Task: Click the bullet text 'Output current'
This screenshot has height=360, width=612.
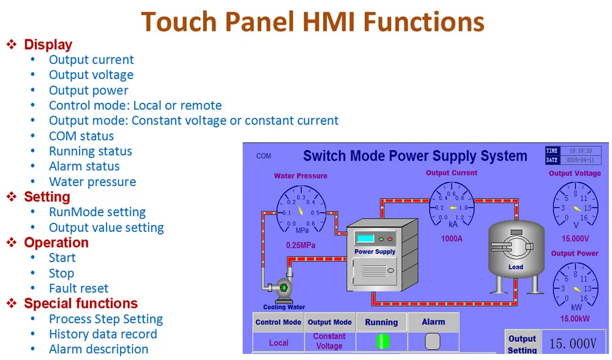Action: [x=91, y=60]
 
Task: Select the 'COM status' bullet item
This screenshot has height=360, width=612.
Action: [x=81, y=136]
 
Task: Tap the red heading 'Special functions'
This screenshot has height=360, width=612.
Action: [x=81, y=304]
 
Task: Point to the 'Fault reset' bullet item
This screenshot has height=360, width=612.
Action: [x=78, y=288]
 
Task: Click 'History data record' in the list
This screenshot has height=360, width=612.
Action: [x=103, y=334]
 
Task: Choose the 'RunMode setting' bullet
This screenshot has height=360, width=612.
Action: [x=97, y=212]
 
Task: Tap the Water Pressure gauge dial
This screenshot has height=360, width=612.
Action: [x=301, y=212]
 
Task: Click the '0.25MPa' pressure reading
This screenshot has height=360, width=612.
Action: [x=301, y=245]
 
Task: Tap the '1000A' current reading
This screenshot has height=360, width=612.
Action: [x=452, y=239]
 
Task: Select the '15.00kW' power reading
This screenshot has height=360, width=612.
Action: [x=575, y=318]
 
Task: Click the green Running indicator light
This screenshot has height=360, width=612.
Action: [x=381, y=342]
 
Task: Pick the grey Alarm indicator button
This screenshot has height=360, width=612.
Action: [x=433, y=342]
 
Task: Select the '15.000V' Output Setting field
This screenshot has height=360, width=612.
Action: [x=573, y=344]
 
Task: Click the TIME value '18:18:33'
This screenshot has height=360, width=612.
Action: [x=580, y=151]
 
